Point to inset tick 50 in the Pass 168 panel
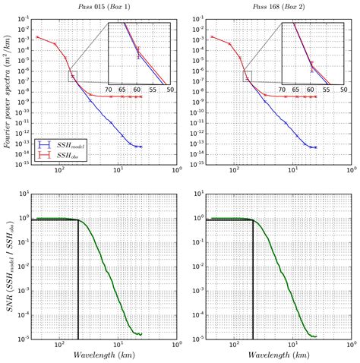343,90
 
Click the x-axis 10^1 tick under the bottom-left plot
118,344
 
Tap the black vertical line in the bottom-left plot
77,281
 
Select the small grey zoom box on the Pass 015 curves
72,75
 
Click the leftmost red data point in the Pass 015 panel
37,36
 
